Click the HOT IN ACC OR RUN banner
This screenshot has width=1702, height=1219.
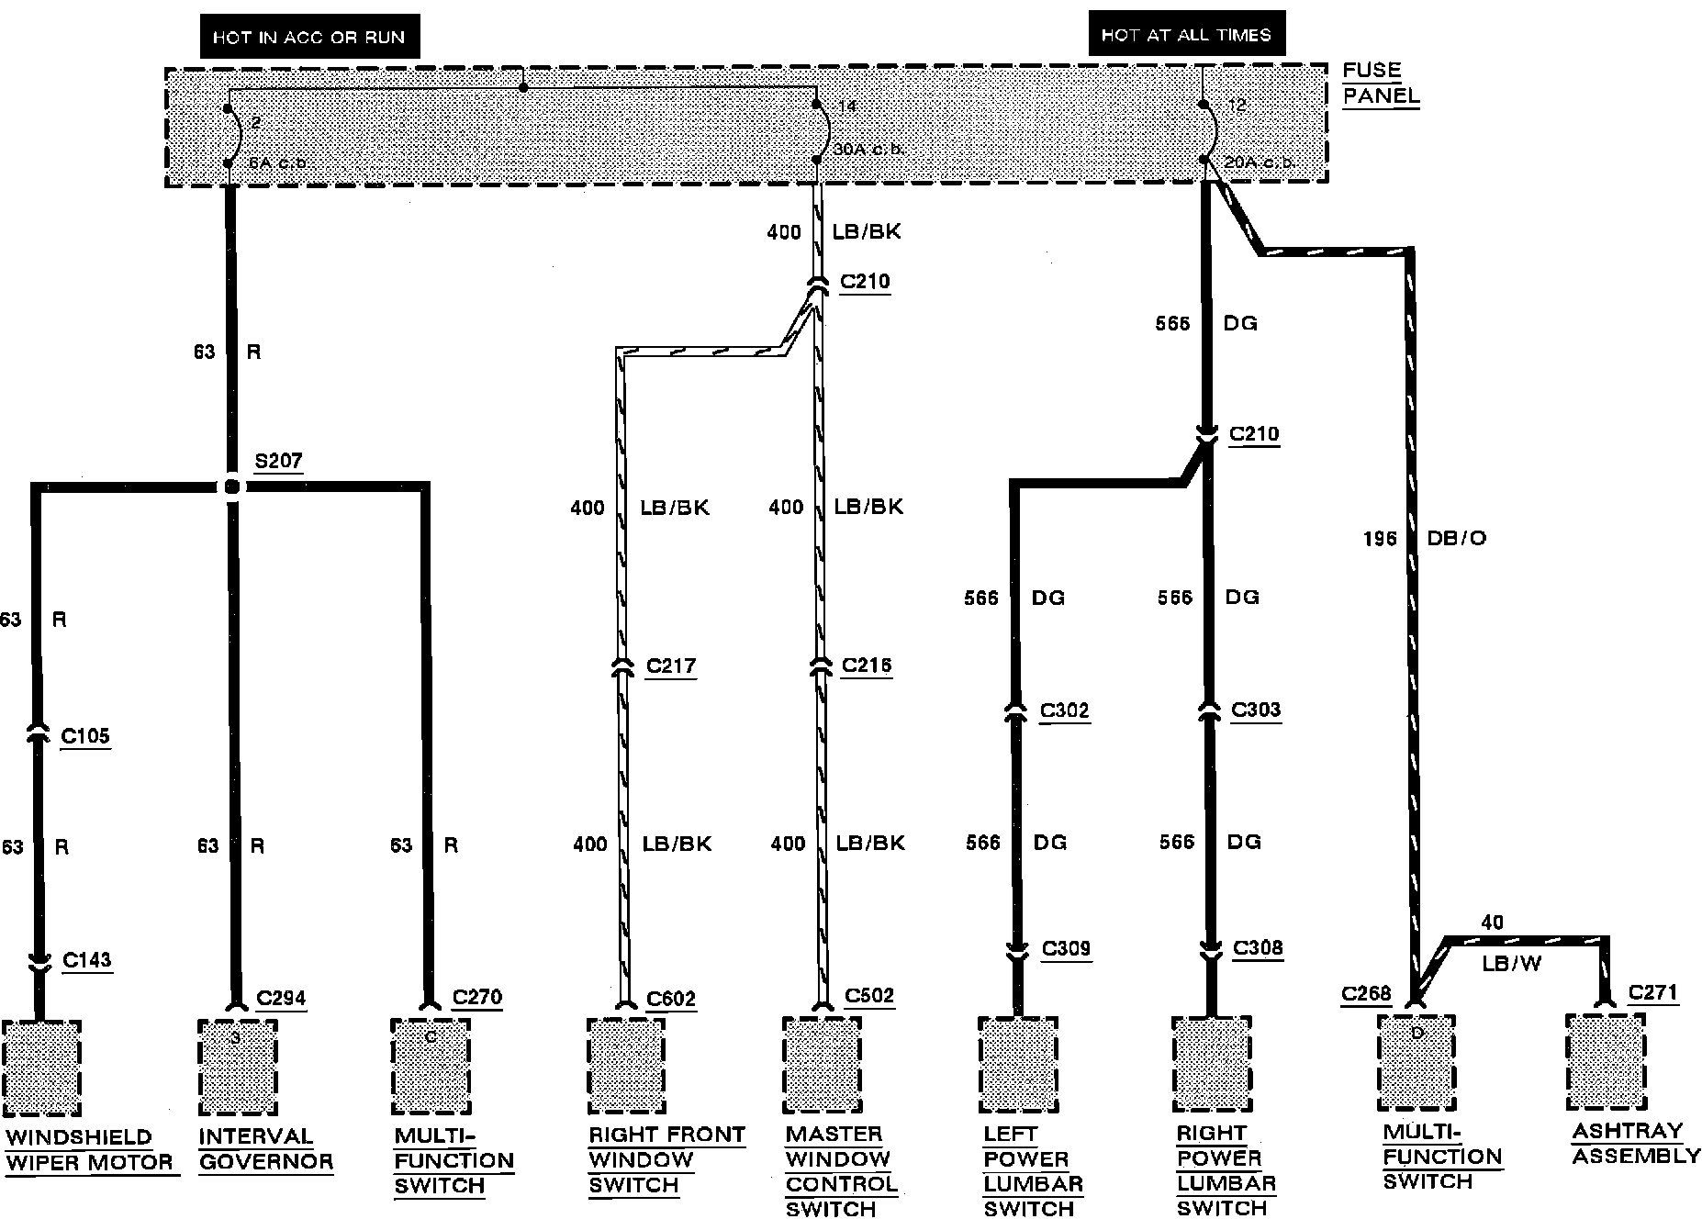click(308, 38)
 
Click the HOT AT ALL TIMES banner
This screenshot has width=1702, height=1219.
click(1186, 35)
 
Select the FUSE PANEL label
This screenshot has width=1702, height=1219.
click(1380, 83)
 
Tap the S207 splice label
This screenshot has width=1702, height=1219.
click(278, 461)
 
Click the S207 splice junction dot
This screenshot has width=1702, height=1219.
click(232, 486)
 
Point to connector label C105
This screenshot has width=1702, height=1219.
click(85, 735)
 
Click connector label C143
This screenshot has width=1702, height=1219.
click(87, 960)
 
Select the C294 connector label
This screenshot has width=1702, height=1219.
click(281, 998)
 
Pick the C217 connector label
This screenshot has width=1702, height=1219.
click(671, 665)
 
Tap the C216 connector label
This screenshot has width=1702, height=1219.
click(867, 665)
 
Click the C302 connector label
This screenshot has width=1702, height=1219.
click(1064, 710)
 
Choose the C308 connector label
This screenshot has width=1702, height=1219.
click(1258, 947)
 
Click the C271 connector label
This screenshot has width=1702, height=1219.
click(1652, 992)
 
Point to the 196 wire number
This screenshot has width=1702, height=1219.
click(1380, 539)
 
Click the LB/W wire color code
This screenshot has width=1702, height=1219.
click(1511, 964)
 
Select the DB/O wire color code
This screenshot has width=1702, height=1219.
click(1457, 538)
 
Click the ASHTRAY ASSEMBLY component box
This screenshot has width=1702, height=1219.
click(1606, 1061)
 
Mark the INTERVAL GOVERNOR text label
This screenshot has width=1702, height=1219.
click(265, 1149)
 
